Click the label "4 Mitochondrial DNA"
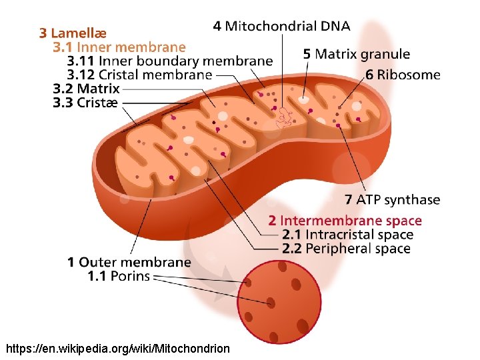281,27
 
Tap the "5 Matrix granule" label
357,54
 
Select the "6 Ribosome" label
403,75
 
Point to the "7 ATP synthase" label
393,200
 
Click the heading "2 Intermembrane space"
345,221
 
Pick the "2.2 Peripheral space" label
346,249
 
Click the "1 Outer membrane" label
129,263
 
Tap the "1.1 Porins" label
119,276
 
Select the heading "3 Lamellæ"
73,33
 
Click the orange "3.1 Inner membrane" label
119,47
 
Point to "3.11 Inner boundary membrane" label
170,61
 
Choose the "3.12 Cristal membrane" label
139,75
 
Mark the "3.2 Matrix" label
87,89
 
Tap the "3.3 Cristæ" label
85,103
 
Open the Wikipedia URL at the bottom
117,349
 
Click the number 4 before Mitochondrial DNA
217,27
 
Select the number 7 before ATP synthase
349,200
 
